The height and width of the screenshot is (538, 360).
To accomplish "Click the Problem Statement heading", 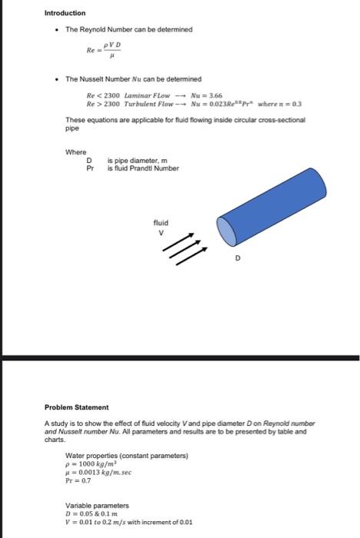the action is point(77,407).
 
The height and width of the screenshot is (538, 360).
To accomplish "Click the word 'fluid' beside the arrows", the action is point(162,223).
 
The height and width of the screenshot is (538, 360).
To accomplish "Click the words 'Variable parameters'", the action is point(95,504).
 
